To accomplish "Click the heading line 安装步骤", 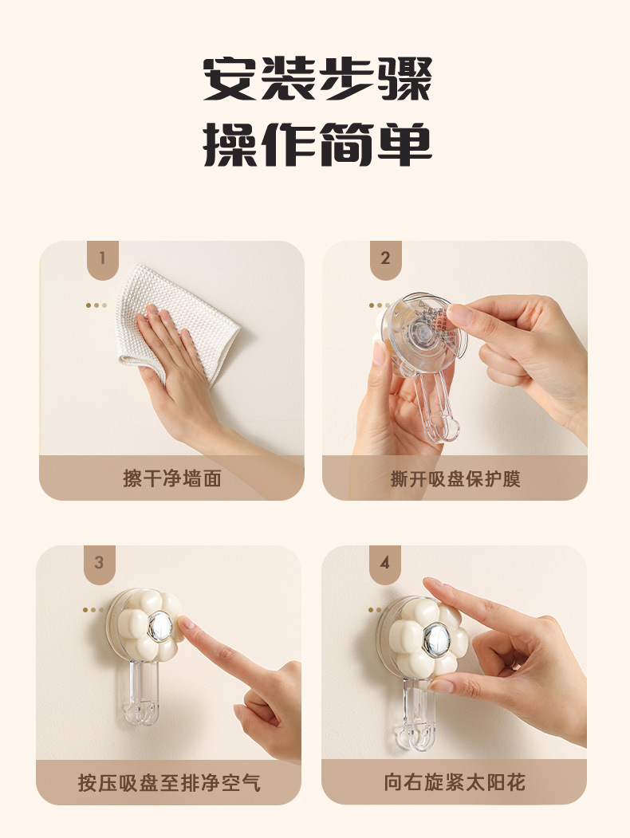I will [317, 80].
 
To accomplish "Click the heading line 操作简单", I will [317, 144].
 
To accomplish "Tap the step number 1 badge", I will [102, 258].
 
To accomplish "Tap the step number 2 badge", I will [385, 258].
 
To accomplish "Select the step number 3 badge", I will [99, 563].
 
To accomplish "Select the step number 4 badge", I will [384, 563].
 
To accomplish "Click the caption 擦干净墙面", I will [171, 478].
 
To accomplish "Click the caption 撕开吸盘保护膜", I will [455, 478].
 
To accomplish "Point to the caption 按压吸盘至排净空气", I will [168, 782].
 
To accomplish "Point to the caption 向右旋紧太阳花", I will [455, 782].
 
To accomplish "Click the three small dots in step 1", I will [96, 305].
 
